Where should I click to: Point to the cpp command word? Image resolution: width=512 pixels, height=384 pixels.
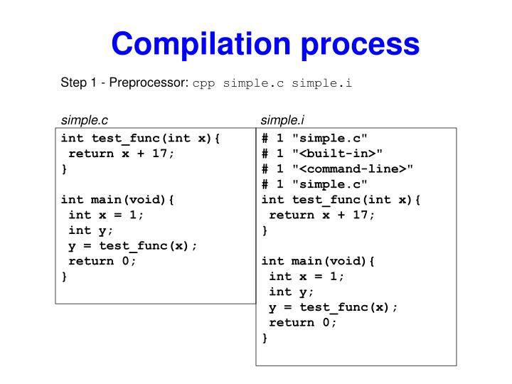[x=204, y=84]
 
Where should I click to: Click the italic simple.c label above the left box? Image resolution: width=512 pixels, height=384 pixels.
[x=84, y=119]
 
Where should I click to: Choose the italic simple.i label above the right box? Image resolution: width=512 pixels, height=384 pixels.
[x=282, y=119]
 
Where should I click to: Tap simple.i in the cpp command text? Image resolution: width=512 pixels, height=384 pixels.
[x=325, y=84]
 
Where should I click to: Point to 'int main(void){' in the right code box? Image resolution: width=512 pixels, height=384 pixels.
[x=318, y=261]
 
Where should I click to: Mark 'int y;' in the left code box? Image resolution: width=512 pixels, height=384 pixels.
[x=90, y=230]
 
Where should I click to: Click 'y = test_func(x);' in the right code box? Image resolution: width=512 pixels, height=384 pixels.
[x=334, y=306]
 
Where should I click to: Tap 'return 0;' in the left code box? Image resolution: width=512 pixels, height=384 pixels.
[x=102, y=260]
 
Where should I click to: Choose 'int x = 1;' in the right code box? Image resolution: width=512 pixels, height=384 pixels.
[x=306, y=276]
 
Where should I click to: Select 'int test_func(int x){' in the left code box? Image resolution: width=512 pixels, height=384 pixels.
[x=141, y=138]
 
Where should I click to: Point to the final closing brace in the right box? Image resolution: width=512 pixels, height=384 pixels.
[x=265, y=338]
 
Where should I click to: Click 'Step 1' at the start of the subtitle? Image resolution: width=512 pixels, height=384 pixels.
[x=78, y=83]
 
